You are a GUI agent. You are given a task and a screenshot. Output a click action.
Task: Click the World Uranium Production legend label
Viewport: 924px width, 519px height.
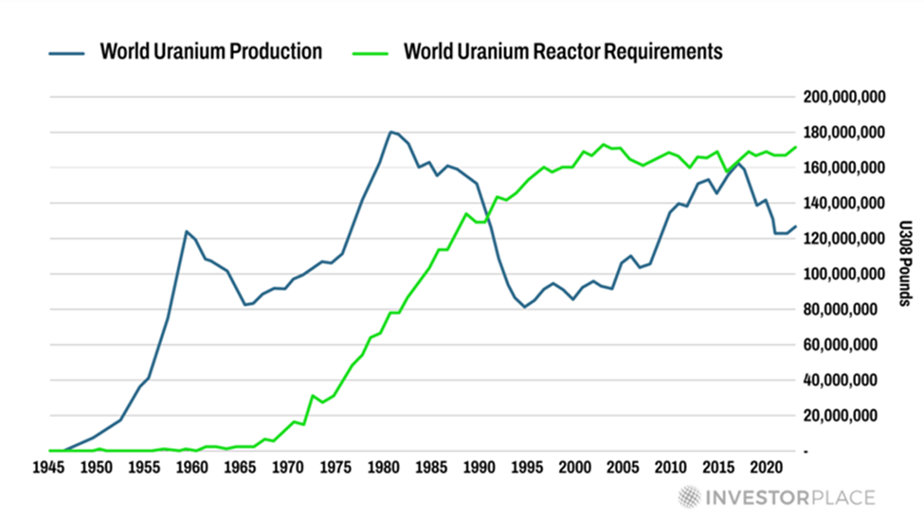(210, 50)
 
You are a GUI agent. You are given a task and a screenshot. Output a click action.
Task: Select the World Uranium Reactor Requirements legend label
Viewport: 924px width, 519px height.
(563, 50)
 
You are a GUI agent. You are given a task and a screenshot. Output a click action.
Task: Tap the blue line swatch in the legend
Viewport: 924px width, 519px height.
(68, 51)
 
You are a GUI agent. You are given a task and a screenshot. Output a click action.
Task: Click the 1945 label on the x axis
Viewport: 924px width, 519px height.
(47, 468)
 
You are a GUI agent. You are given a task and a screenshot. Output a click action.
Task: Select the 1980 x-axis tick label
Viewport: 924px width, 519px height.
(384, 468)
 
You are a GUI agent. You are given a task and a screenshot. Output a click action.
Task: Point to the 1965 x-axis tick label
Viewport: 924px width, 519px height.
(240, 468)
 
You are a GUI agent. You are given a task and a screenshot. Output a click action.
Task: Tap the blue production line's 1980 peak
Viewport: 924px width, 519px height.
(390, 132)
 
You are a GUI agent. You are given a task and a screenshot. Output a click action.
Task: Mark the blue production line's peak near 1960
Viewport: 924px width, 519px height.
(187, 231)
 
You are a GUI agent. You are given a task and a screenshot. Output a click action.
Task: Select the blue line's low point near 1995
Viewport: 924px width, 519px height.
(524, 307)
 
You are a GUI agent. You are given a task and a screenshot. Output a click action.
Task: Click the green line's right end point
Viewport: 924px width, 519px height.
(796, 147)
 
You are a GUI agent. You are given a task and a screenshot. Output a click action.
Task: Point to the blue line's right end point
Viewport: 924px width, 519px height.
(796, 226)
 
